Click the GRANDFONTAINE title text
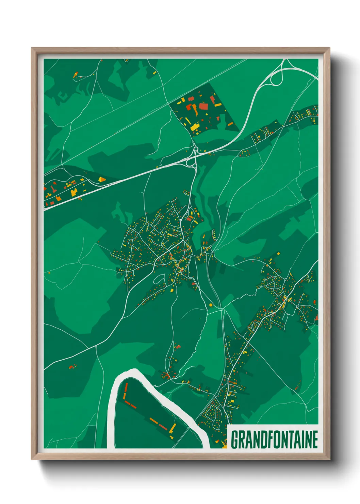(x=274, y=439)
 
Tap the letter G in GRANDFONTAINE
(x=235, y=439)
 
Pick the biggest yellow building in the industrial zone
(x=195, y=127)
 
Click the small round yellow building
(x=211, y=305)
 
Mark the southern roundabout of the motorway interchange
(x=195, y=166)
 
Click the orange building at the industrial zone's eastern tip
(x=230, y=124)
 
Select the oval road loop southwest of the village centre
(x=159, y=280)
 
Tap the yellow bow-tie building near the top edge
(x=154, y=73)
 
